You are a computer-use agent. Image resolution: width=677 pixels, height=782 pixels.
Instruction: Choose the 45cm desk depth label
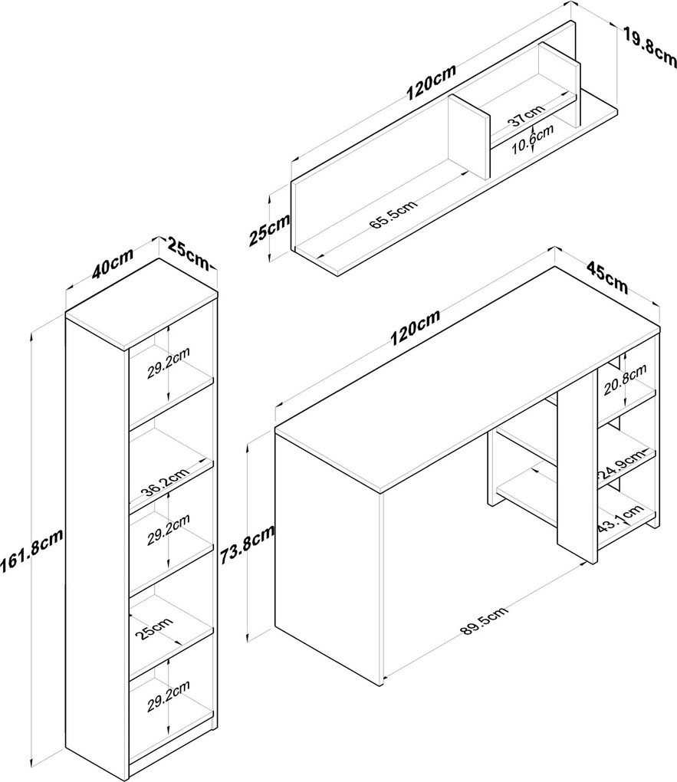pos(606,278)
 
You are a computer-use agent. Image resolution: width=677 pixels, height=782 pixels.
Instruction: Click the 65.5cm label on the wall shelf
pos(393,215)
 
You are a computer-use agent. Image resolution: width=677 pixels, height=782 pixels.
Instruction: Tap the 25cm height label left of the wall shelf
pos(269,228)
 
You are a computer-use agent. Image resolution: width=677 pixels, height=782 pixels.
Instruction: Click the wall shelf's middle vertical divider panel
pos(468,135)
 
